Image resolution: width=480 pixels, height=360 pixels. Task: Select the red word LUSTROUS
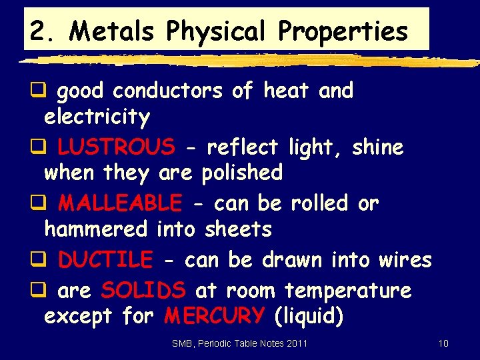coord(116,146)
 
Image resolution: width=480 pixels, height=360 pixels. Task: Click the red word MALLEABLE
coord(120,203)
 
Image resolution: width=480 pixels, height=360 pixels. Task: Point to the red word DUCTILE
coord(105,260)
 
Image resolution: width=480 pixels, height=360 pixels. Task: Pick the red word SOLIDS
coord(143,291)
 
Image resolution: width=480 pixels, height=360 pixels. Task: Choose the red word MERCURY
coord(214,316)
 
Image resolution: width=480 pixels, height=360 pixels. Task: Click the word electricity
coord(97,118)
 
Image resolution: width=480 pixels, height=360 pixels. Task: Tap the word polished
coord(242,173)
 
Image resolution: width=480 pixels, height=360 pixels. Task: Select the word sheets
coord(239,230)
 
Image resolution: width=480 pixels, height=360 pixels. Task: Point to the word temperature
coord(348,291)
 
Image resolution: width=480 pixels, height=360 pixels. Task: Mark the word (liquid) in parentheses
coord(309,317)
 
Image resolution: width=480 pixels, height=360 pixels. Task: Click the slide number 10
coord(443,344)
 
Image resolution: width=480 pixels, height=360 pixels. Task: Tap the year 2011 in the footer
coord(297,344)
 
